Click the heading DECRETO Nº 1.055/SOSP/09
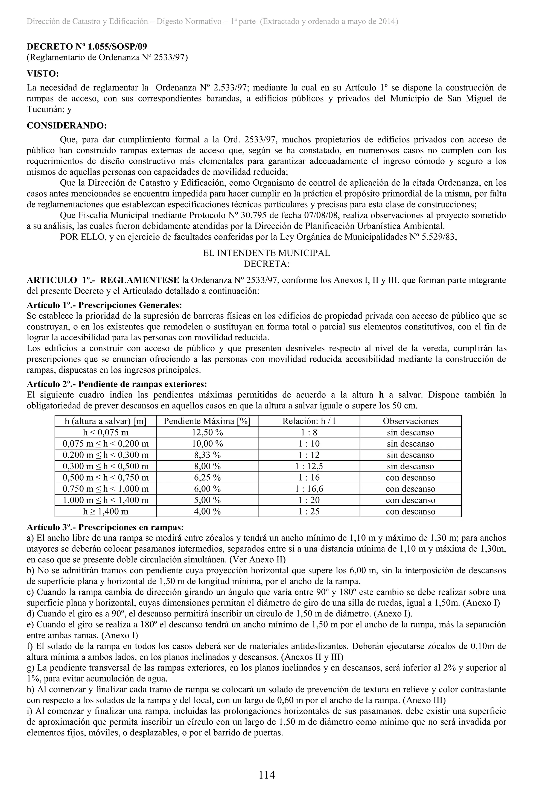[x=87, y=46]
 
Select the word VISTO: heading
[x=43, y=74]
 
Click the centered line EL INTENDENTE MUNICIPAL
[x=266, y=253]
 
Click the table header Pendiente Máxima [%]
[x=207, y=421]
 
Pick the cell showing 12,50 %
[x=207, y=432]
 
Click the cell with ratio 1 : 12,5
[x=309, y=466]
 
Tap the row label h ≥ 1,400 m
[x=106, y=512]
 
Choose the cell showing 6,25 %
[x=207, y=478]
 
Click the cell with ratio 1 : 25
[x=309, y=512]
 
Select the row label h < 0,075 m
[x=106, y=432]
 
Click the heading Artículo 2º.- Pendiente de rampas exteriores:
[x=117, y=384]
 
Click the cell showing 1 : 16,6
[x=309, y=489]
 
